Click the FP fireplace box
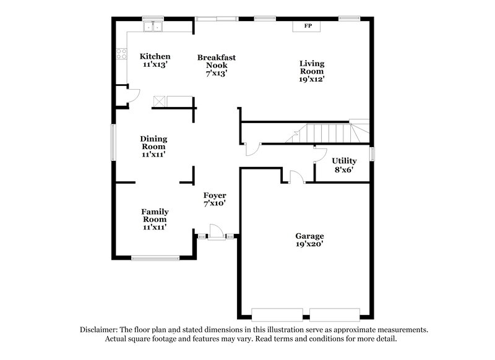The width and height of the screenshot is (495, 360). coord(308,26)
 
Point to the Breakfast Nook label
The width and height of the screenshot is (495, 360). coord(217,65)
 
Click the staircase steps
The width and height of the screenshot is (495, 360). coord(328,132)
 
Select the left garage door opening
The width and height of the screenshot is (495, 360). coord(277,312)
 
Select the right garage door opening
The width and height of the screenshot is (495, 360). coord(335,312)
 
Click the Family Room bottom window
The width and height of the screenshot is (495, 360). coord(155,258)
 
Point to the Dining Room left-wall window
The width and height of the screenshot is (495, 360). coord(113,143)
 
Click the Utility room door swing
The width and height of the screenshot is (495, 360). coord(319,155)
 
